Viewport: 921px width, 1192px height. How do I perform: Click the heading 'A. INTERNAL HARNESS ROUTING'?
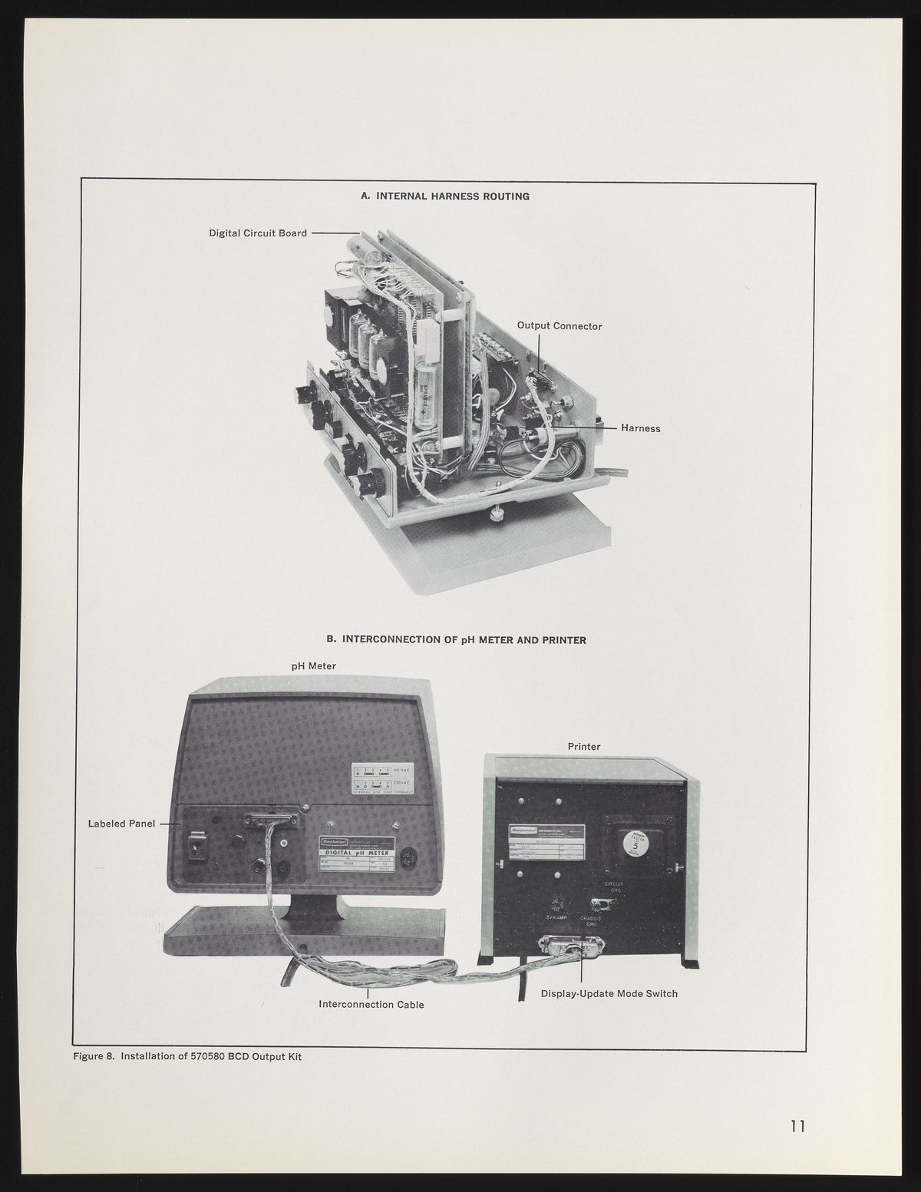(445, 196)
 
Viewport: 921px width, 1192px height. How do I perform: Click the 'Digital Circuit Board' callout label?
(258, 233)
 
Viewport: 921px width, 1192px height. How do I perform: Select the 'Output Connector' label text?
(560, 326)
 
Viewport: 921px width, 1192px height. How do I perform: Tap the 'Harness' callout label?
(640, 428)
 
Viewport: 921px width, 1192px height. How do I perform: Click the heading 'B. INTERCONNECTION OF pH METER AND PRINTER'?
(457, 639)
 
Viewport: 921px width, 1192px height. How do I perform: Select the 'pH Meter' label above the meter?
(313, 666)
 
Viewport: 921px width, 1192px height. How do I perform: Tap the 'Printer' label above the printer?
(584, 746)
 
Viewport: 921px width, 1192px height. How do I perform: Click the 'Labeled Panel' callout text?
(122, 824)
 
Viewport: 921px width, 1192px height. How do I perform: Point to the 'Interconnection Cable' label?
(371, 1005)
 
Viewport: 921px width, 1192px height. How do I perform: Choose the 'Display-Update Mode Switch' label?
(609, 994)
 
